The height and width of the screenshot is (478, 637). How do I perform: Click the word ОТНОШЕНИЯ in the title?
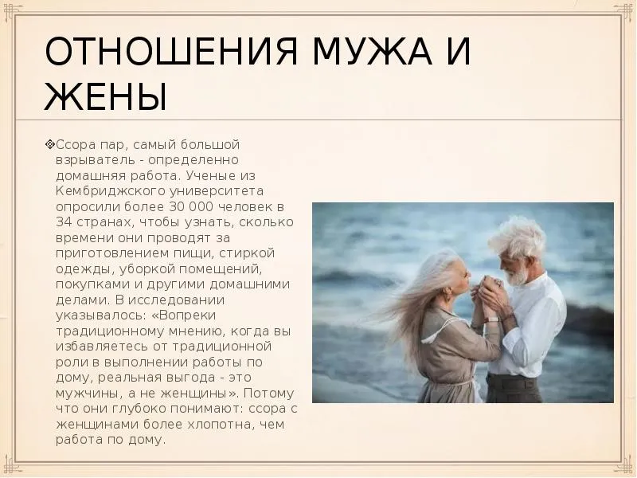click(171, 52)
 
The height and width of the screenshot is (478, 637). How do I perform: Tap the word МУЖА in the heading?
click(372, 52)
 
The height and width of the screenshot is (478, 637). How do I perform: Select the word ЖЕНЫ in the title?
click(106, 96)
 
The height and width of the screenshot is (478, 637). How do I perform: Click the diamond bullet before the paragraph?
click(50, 144)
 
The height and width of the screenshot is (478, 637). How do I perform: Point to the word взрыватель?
click(96, 160)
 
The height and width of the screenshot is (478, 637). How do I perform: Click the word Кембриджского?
click(110, 191)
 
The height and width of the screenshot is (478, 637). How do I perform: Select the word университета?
click(217, 191)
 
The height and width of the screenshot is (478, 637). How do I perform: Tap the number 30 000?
click(190, 206)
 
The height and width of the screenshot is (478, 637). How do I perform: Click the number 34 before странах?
click(64, 222)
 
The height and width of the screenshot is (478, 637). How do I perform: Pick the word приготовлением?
click(109, 253)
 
